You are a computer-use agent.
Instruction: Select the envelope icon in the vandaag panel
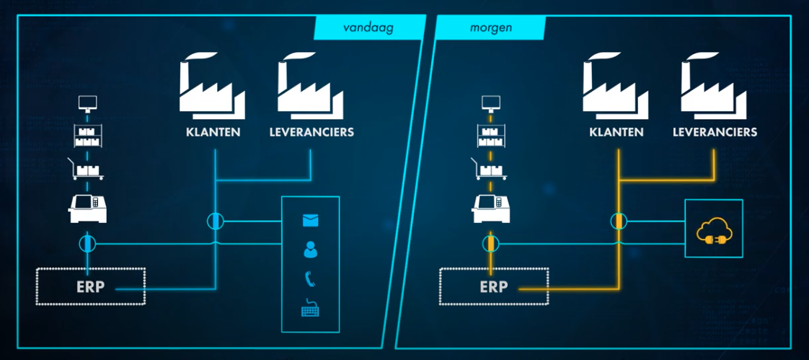coord(311,220)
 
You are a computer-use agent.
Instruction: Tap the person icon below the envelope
coord(311,250)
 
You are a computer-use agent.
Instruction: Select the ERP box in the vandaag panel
coord(91,286)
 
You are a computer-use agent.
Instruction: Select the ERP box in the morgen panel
coord(494,286)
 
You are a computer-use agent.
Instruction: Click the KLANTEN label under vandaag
coord(213,133)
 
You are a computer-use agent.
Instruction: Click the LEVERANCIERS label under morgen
coord(715,133)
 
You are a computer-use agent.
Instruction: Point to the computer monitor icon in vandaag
coord(87,103)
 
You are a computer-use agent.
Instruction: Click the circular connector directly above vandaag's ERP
coord(87,243)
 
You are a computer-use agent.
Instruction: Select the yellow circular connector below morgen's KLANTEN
coord(618,220)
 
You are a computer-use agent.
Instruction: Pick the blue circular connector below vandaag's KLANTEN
coord(215,220)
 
